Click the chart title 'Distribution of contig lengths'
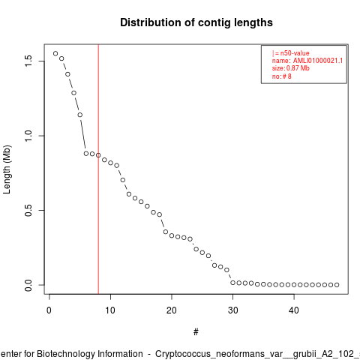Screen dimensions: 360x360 [x=196, y=22]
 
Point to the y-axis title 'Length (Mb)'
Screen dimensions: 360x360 [x=7, y=169]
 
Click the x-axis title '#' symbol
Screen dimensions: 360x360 [x=196, y=332]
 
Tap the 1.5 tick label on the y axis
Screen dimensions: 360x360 [x=28, y=61]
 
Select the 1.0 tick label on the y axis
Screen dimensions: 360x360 [x=28, y=136]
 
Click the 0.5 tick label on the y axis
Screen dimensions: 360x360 [x=28, y=210]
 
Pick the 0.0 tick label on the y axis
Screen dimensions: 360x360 [x=28, y=285]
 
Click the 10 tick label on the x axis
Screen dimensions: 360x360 [x=110, y=310]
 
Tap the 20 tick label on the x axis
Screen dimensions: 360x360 [x=172, y=310]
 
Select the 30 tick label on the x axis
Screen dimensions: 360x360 [x=232, y=310]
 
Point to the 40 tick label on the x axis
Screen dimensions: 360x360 [x=294, y=310]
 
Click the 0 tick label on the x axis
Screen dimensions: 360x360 [x=49, y=310]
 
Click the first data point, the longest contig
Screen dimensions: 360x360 [x=55, y=53]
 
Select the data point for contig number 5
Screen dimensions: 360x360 [x=79, y=115]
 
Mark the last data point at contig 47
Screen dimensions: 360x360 [x=337, y=285]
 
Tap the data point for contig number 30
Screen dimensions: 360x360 [x=232, y=283]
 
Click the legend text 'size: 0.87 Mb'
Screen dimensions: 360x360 [x=291, y=68]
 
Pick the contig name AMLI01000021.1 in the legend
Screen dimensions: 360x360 [x=318, y=61]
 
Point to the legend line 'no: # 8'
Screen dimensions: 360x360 [x=282, y=76]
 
